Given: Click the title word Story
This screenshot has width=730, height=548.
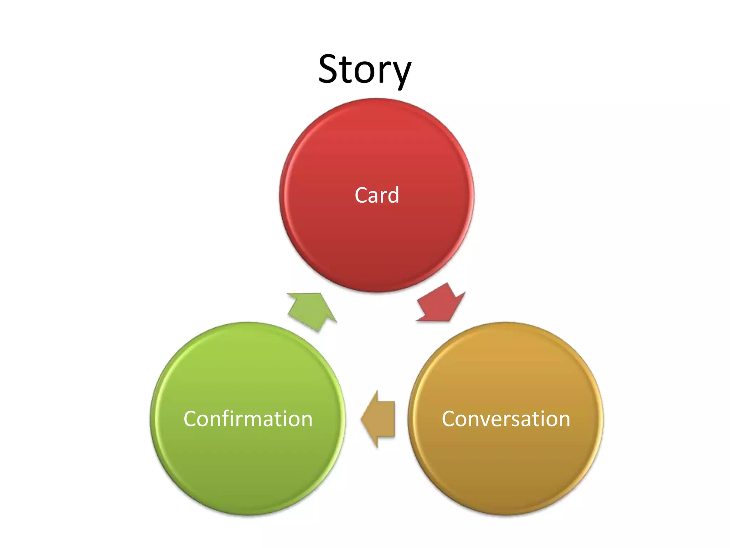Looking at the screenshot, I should [365, 70].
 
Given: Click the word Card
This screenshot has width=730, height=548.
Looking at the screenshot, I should [377, 195].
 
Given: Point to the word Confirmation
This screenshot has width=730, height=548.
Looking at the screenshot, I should [248, 419].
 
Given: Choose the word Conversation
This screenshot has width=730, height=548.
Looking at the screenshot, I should [506, 419].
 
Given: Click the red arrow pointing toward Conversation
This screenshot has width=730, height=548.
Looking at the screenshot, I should [441, 303].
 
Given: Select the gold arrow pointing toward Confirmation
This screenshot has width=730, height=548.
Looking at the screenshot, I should [380, 419].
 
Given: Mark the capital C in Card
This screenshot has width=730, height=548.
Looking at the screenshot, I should [361, 195].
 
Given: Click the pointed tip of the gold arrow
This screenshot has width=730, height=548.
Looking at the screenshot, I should [361, 419].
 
